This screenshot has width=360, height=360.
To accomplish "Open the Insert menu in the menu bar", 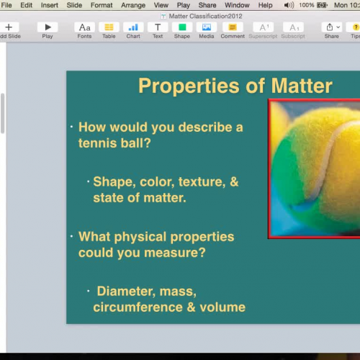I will click(50, 5).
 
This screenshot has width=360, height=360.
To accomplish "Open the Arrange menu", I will click(133, 5).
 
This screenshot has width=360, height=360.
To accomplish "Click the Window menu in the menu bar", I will click(237, 5).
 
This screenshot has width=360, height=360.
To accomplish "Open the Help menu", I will click(266, 5).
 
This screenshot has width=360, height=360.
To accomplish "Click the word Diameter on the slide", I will click(125, 292).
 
